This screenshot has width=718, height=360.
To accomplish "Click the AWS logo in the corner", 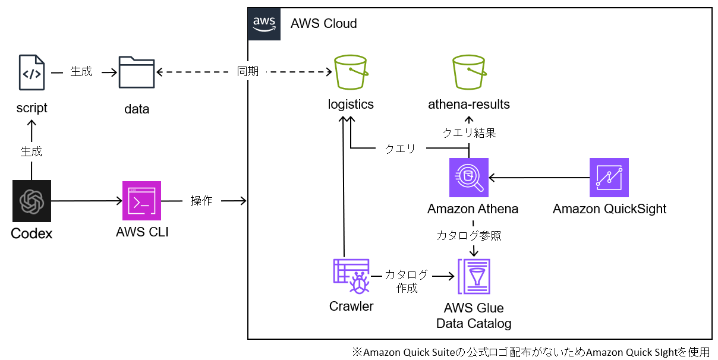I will click(x=264, y=24).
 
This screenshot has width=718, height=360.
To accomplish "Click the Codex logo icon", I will click(x=32, y=202).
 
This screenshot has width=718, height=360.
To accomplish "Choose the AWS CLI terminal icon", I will click(x=141, y=202).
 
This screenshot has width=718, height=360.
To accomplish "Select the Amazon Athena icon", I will click(x=469, y=177).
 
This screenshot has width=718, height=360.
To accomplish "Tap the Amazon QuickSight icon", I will click(x=609, y=177).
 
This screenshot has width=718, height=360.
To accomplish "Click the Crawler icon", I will click(x=351, y=276).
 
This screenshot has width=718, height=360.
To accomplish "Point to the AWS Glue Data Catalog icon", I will click(x=474, y=276).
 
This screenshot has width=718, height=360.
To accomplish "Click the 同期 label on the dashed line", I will click(x=248, y=72).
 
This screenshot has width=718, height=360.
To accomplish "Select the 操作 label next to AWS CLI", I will click(x=201, y=201).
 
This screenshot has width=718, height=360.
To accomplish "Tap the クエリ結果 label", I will click(x=469, y=133).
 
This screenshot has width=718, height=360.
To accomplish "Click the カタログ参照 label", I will click(x=469, y=235).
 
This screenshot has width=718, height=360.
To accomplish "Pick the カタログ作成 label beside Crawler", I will click(x=407, y=281).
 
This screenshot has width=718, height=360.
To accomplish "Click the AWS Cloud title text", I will click(x=323, y=24).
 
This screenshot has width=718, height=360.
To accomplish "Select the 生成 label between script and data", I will click(x=81, y=72).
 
